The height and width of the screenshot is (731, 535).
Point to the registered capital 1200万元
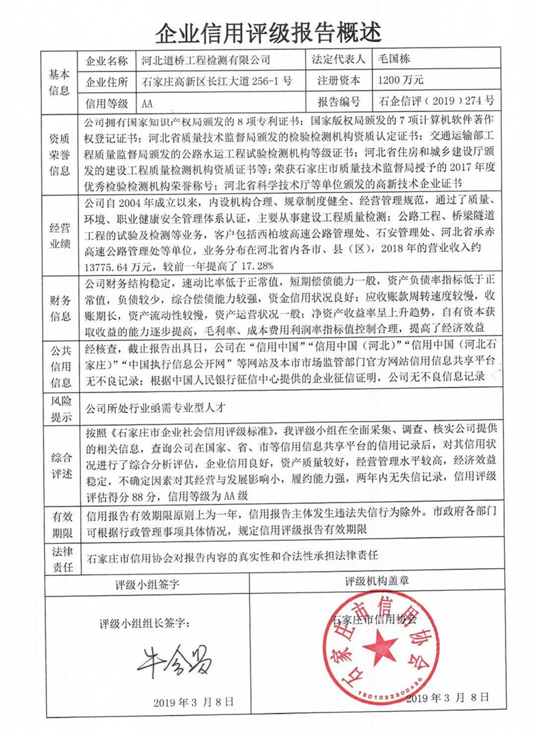pyautogui.click(x=401, y=81)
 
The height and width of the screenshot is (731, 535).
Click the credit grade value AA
pyautogui.click(x=149, y=104)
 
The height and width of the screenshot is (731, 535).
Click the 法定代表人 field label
pyautogui.click(x=338, y=59)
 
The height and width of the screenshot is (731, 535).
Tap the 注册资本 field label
pyautogui.click(x=338, y=81)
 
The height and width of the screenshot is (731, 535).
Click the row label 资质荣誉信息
pyautogui.click(x=59, y=154)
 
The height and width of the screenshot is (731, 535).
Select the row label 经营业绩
pyautogui.click(x=59, y=229)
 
